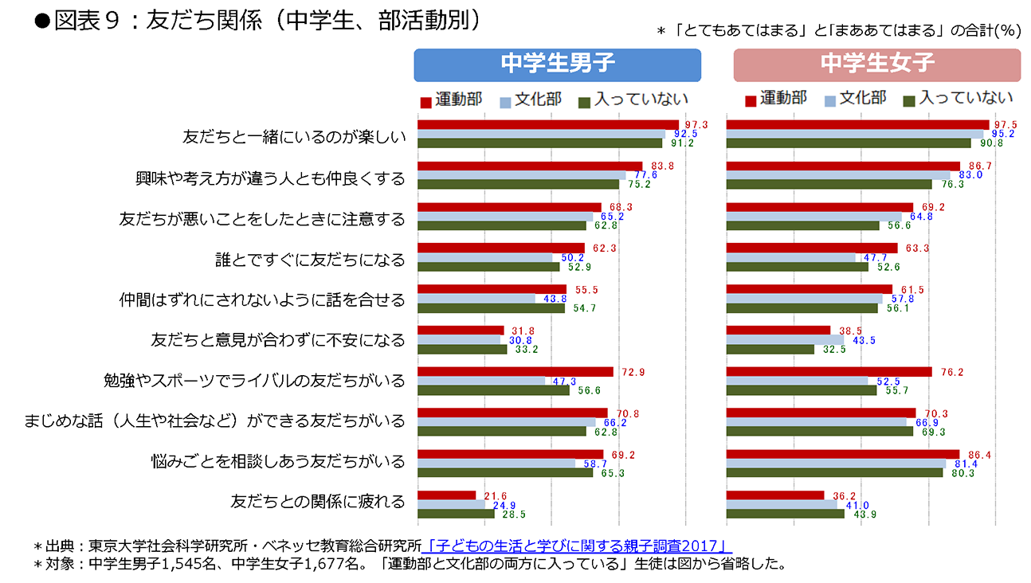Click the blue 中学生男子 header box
point(557,65)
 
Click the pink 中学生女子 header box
point(876,65)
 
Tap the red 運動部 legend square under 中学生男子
point(425,101)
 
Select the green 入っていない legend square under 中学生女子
point(909,101)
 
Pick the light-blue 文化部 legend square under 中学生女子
point(829,101)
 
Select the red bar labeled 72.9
point(515,372)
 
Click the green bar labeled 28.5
point(456,514)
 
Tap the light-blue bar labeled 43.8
point(476,299)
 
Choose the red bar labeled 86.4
point(843,454)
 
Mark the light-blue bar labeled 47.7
point(790,257)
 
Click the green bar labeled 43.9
point(785,514)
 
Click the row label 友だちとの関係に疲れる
point(318,502)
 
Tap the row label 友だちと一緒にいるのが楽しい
point(294,137)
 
